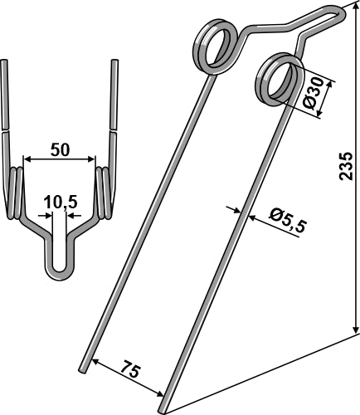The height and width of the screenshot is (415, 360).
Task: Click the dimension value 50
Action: click(x=59, y=149)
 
